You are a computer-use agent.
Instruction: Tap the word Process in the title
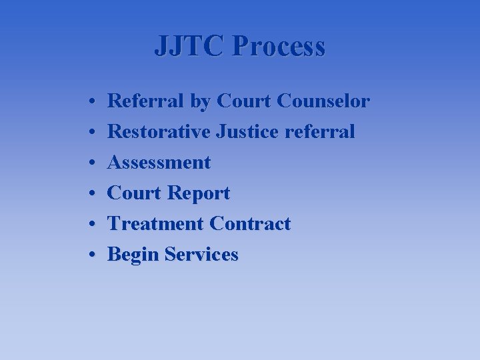280,47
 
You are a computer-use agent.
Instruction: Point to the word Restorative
159,132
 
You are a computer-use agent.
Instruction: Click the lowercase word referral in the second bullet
319,132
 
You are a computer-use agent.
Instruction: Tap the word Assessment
159,163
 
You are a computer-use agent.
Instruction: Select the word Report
199,193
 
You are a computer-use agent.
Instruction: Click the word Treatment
155,224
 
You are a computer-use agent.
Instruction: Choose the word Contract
250,224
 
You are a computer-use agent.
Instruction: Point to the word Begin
133,255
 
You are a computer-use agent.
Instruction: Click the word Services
201,255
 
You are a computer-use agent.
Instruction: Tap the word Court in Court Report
135,193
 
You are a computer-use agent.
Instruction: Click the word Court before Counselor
244,101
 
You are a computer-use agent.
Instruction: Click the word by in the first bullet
199,102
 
